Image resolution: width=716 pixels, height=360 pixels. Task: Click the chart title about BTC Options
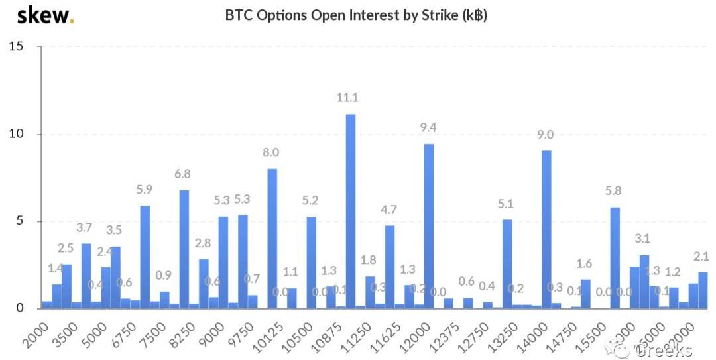[x=356, y=15]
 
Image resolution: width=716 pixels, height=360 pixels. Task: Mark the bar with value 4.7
[x=390, y=267]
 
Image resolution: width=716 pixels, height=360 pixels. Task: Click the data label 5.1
[x=507, y=204]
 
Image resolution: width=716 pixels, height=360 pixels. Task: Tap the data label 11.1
[x=347, y=98]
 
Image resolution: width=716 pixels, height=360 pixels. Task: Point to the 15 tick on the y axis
[x=17, y=46]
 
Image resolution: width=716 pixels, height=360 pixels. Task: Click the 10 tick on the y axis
[x=17, y=134]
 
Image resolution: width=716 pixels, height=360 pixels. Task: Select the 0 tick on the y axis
[x=19, y=308]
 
